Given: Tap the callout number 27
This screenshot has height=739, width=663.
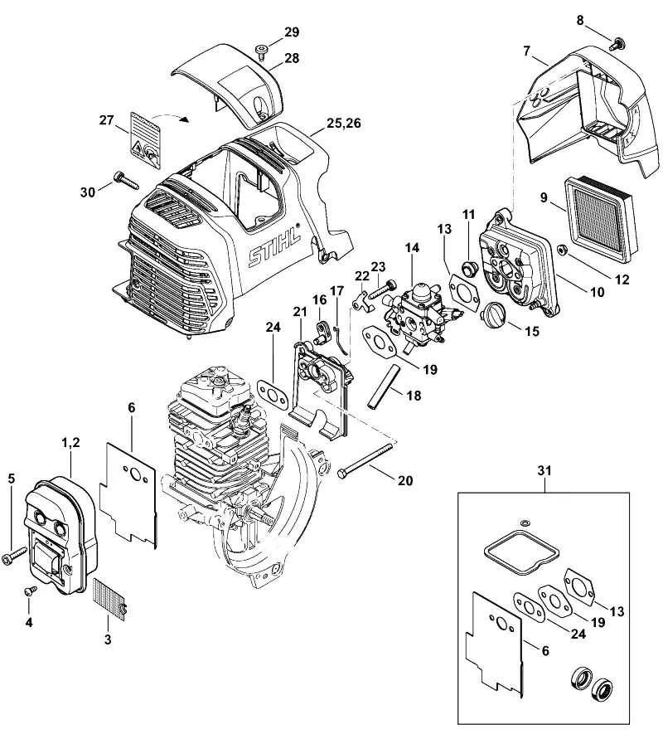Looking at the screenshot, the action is tap(106, 120).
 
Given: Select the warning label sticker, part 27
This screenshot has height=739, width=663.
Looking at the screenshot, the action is tap(145, 139).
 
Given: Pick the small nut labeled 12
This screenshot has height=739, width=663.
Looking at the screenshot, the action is tap(562, 250).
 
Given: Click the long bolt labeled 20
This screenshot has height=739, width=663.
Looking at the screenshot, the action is tap(367, 460).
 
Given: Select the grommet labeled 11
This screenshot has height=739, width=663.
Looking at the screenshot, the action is tap(469, 269).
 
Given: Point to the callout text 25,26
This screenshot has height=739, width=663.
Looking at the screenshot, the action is tap(344, 123).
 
